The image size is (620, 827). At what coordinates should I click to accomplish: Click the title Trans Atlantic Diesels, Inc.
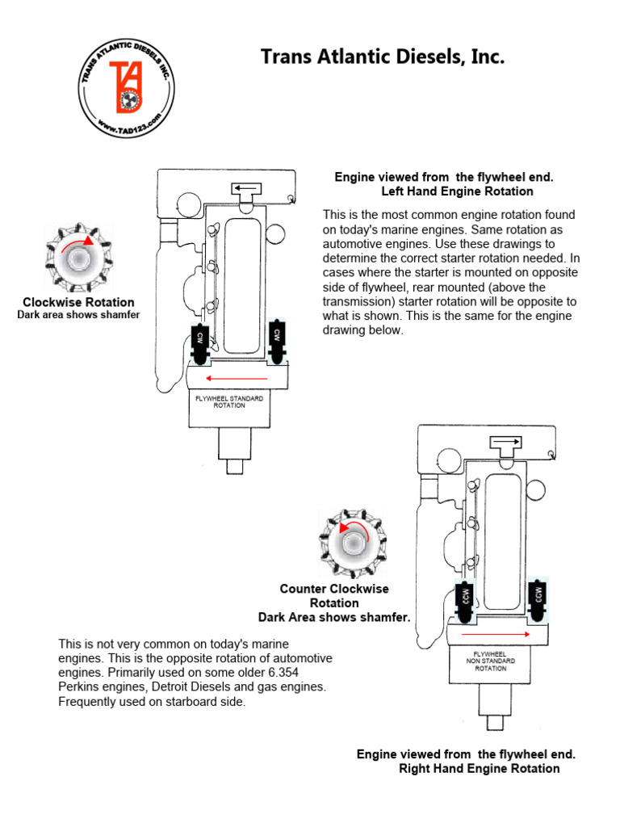pos(382,57)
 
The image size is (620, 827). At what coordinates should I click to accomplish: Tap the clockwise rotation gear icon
pos(78,258)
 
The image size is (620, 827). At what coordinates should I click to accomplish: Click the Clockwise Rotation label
pos(77,302)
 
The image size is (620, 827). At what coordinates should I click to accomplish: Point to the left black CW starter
pos(199,343)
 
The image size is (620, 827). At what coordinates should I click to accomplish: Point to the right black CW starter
pos(276,343)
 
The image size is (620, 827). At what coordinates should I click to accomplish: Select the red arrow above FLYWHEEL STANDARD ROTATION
pos(237,378)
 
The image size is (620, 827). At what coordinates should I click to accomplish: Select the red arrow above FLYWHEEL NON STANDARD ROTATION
pos(497,636)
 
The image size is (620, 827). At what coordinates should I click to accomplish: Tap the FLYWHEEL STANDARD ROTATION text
pos(229,401)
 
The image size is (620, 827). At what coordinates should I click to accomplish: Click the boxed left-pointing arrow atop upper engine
pos(246,189)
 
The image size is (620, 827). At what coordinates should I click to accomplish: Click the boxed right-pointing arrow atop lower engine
pos(507,443)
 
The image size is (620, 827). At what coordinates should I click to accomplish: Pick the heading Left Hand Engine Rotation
pos(457,191)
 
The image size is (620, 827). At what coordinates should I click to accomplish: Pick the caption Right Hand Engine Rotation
pos(479,768)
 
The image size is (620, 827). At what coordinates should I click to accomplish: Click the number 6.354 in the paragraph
pos(312,673)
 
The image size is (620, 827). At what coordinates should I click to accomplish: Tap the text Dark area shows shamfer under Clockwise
pos(78,315)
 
